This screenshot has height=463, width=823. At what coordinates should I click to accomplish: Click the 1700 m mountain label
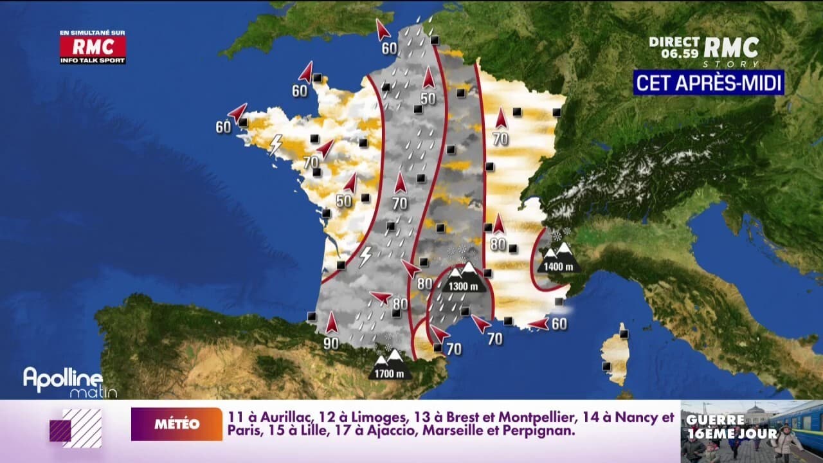click(x=390, y=372)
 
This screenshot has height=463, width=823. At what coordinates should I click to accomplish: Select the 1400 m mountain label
click(x=558, y=266)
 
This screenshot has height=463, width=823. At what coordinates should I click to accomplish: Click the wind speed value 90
click(x=331, y=343)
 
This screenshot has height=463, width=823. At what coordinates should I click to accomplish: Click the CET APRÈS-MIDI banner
click(x=709, y=82)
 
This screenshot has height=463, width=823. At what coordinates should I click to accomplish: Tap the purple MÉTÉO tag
click(x=177, y=424)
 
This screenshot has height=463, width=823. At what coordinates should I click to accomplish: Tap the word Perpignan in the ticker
click(x=538, y=431)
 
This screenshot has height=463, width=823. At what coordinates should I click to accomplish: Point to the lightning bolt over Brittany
click(x=276, y=145)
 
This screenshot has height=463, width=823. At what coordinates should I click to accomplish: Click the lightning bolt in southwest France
click(x=365, y=255)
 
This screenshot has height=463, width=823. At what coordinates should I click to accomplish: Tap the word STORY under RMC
click(x=739, y=64)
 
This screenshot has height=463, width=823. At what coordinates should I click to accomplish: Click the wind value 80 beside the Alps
click(x=498, y=244)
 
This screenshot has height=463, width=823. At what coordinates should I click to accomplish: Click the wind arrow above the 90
click(x=331, y=322)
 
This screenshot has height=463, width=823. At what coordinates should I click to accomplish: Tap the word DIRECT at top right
click(x=673, y=41)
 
